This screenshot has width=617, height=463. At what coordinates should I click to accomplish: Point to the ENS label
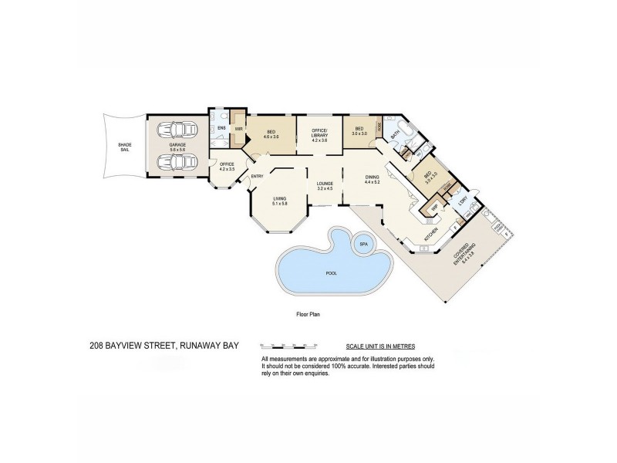click(x=221, y=128)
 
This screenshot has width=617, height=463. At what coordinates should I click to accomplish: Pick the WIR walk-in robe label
click(x=239, y=128)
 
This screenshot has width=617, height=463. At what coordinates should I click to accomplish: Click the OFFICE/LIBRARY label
click(x=319, y=133)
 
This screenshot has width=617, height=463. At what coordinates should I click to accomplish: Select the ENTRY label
click(x=258, y=177)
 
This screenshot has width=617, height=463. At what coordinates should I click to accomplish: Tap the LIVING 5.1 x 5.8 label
click(x=279, y=201)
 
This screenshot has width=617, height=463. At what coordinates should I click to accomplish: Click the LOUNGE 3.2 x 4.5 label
click(x=324, y=185)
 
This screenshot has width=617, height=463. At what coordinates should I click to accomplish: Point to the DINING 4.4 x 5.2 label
click(x=373, y=180)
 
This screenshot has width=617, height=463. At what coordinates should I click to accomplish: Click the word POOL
click(x=332, y=273)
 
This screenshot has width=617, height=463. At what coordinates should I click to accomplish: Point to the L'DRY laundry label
click(x=464, y=201)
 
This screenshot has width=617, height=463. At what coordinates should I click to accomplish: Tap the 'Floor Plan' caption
click(x=308, y=314)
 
